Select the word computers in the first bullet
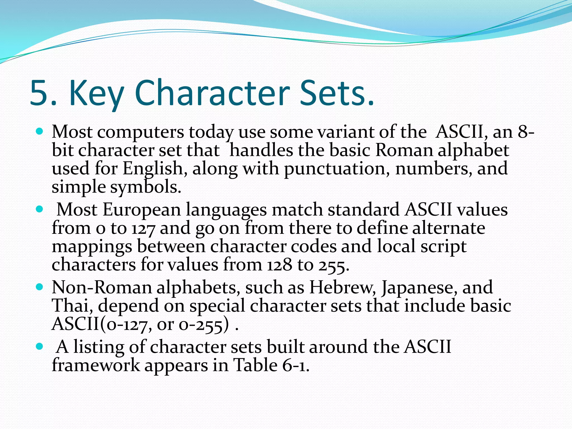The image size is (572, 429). point(140,132)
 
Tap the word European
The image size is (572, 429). point(142,210)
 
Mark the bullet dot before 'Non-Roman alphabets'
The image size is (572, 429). point(40,287)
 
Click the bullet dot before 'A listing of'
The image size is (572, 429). point(40,347)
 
